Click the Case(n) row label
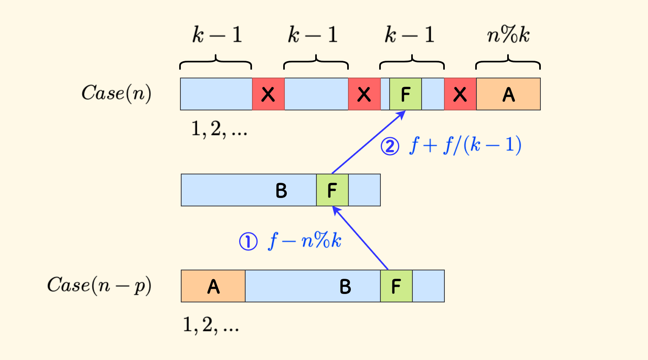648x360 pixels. coord(116,94)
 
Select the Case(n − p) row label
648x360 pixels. coord(99,286)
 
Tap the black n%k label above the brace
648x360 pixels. coord(508,35)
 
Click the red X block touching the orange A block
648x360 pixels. coord(460,94)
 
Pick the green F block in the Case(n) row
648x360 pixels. coord(405,94)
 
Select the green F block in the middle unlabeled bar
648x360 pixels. coord(332,190)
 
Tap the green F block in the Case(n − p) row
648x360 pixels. coord(396,286)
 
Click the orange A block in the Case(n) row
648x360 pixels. coord(508,94)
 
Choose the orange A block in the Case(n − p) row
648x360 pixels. coord(213,286)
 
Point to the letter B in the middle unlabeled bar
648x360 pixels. coord(281,190)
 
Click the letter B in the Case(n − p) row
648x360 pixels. coord(345,286)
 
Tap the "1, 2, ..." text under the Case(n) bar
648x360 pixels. coord(219,129)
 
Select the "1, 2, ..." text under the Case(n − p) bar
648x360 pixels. coord(211,324)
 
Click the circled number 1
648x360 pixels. coord(248,242)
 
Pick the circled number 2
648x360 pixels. coord(390,146)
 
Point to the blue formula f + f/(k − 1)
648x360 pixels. coord(466,145)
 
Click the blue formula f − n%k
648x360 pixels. coord(305,241)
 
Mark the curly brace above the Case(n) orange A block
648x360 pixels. coord(508,62)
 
